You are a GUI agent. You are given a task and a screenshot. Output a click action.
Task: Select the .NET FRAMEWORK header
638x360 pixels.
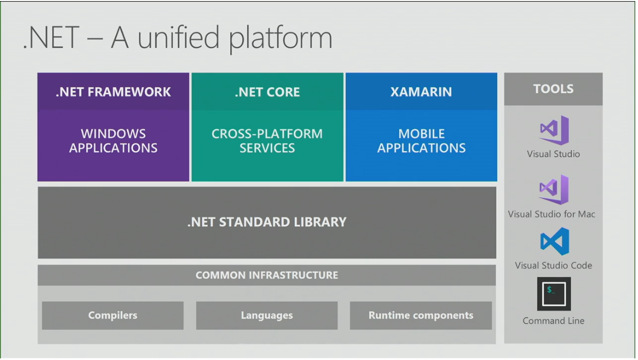113,92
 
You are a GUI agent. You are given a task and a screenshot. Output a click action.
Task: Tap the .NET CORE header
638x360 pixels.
267,92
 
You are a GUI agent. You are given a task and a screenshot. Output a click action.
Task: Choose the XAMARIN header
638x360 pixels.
421,92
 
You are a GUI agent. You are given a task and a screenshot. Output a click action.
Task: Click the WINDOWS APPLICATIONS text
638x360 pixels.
113,141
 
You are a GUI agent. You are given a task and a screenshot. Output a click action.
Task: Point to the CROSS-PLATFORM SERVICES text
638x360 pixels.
267,141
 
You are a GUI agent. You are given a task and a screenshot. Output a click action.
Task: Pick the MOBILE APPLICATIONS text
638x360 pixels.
421,141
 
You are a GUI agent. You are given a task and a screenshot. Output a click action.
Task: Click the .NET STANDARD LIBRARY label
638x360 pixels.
267,222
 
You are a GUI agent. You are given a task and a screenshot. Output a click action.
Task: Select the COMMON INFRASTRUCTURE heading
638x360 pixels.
267,275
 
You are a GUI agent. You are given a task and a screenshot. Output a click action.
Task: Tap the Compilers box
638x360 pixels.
112,315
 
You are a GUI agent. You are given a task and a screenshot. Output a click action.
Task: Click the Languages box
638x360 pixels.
267,315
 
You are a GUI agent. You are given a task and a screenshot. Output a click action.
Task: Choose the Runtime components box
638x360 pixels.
421,315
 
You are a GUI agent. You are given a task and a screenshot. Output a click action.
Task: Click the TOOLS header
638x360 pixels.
553,89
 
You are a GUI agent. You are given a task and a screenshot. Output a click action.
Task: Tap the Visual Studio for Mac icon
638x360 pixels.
553,190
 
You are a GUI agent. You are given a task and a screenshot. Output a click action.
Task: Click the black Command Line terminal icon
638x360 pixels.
553,294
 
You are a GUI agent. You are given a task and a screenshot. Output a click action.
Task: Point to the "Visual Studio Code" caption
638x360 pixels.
553,266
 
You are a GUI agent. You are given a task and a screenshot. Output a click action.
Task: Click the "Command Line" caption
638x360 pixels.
553,321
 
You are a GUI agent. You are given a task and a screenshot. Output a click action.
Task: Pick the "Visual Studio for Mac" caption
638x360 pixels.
552,214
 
